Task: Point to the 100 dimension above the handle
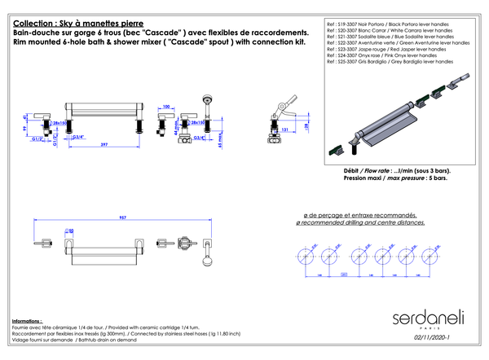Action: pyautogui.click(x=167, y=107)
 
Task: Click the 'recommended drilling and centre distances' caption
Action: pyautogui.click(x=359, y=222)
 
